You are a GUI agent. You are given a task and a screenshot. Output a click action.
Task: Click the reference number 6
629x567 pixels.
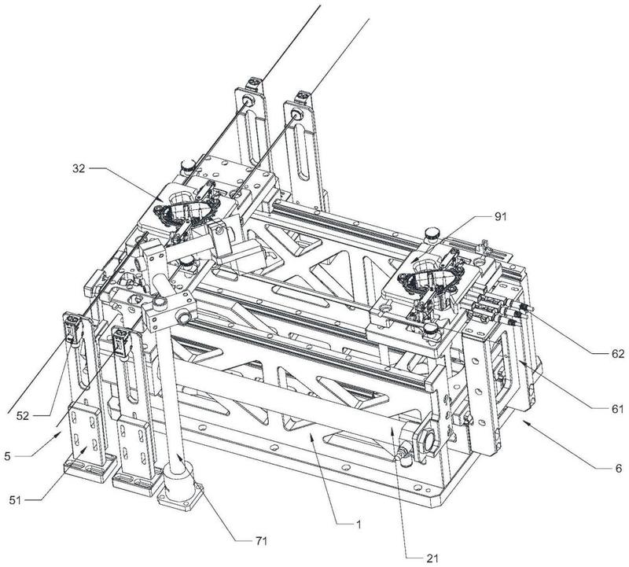618,469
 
